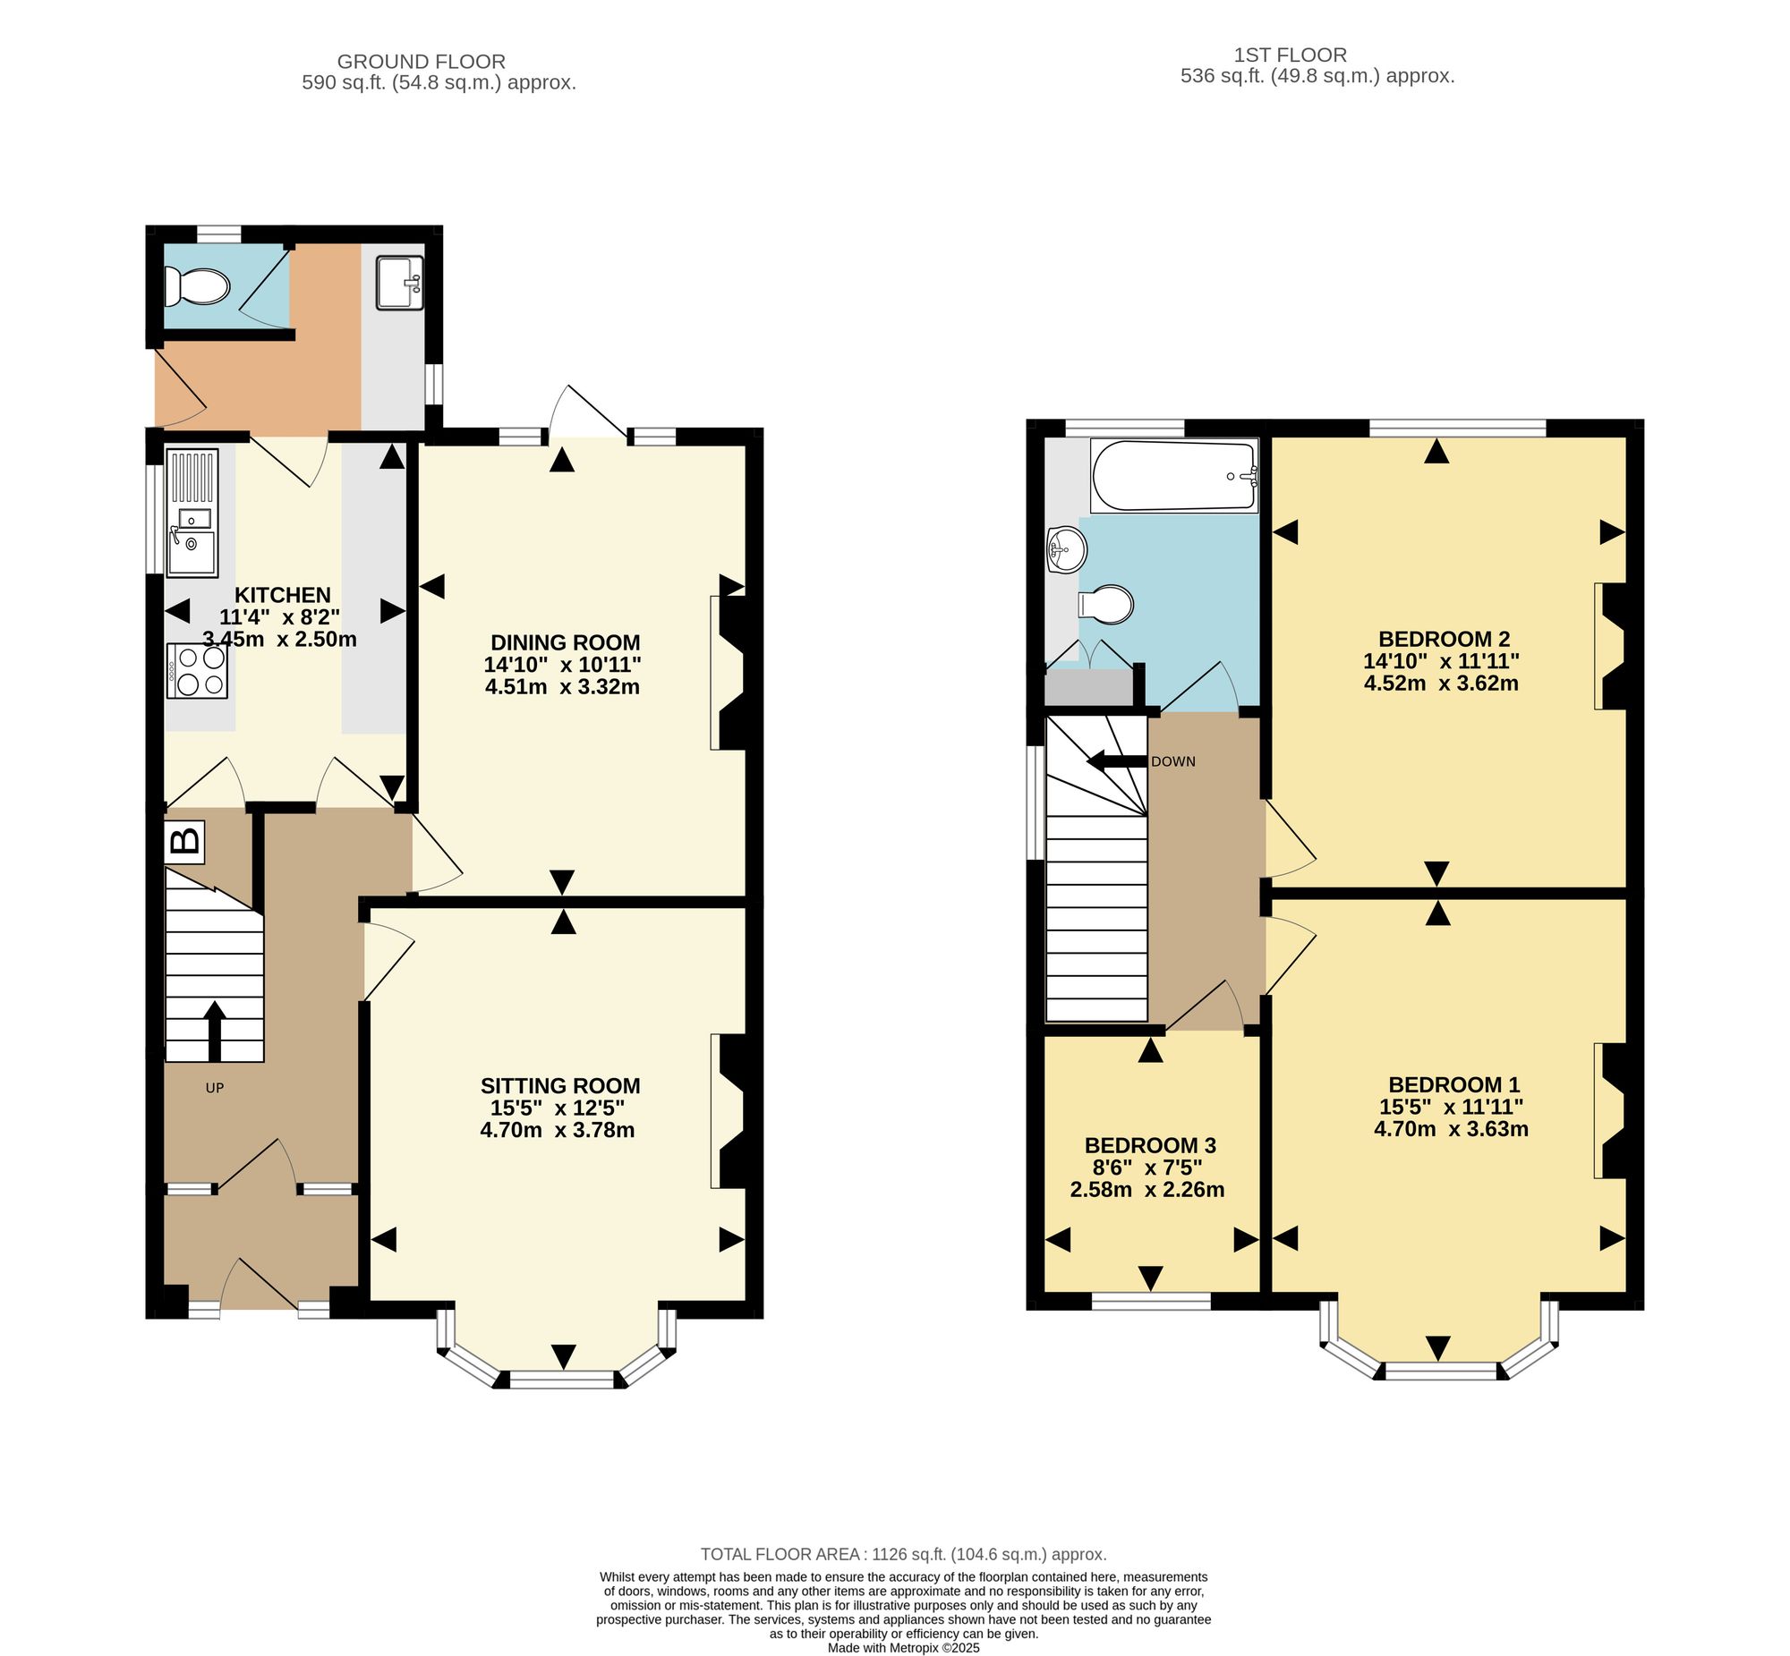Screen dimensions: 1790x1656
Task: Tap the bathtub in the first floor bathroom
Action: coord(1174,476)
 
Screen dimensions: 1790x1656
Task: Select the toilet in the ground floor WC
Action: coord(196,287)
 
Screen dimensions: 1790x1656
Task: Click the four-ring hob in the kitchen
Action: coord(197,670)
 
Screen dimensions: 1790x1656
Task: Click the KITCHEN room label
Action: coord(282,595)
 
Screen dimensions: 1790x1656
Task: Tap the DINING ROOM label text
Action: coord(565,642)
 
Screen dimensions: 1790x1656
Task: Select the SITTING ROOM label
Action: coord(560,1086)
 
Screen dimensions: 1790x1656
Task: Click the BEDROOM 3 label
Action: coord(1150,1145)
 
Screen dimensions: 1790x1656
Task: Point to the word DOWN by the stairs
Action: coord(1173,761)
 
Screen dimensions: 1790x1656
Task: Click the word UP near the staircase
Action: coord(214,1088)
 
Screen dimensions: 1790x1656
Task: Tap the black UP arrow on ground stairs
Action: coord(214,1032)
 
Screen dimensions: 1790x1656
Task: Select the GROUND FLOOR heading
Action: coord(422,62)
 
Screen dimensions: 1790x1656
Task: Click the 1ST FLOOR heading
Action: coord(1291,55)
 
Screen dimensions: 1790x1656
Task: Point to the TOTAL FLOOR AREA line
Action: coord(904,1555)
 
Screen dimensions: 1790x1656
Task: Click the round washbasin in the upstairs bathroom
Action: coord(1067,548)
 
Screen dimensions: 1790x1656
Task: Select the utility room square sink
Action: coord(400,283)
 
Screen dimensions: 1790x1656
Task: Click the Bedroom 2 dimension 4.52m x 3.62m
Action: coord(1441,684)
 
